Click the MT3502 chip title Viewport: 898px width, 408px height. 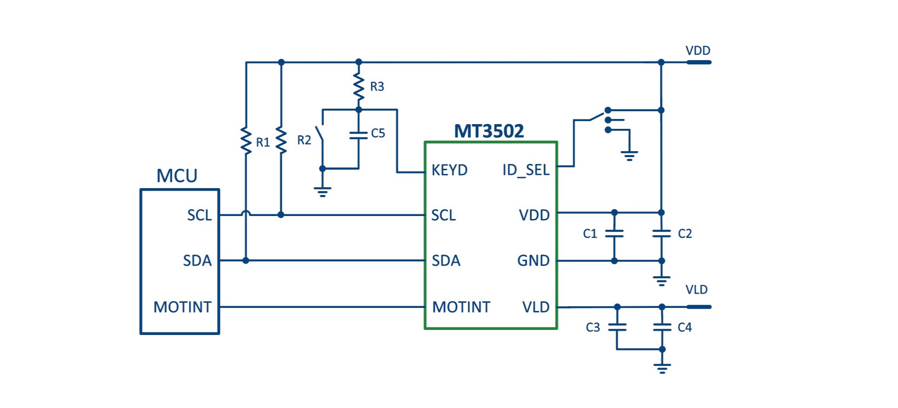coord(489,131)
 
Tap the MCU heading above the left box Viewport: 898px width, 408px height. coord(177,176)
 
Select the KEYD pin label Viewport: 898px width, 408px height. coord(449,170)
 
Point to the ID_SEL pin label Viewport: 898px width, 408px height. coord(526,170)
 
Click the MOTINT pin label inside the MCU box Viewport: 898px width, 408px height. coord(182,307)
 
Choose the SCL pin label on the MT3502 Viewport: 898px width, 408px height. coord(443,215)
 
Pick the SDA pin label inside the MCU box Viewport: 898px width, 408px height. coord(197,261)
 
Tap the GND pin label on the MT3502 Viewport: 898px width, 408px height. coord(533,261)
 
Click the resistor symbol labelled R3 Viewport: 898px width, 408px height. coord(359,87)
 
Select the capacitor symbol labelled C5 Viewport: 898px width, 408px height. coord(359,135)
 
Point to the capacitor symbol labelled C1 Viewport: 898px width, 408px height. coord(614,234)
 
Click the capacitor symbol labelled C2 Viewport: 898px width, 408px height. coord(661,234)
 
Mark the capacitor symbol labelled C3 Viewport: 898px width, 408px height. coord(617,327)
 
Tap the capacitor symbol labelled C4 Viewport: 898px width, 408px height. coord(662,327)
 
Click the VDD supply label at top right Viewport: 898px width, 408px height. coord(698,51)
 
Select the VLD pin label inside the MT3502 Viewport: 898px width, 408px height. coord(536,307)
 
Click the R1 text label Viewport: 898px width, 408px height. coord(263,143)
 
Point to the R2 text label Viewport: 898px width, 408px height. coord(304,140)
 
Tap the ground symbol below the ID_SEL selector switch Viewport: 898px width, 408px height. coord(629,155)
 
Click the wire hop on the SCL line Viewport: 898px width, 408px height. coord(246,213)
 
